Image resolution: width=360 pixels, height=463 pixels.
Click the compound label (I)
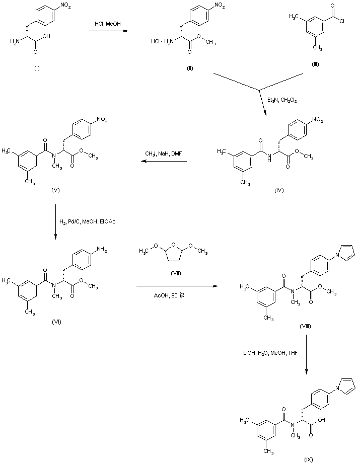37,69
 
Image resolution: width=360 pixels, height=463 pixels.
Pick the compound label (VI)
56,322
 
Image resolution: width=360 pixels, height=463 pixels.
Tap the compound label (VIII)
305,327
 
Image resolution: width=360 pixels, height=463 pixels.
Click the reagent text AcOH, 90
168,296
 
